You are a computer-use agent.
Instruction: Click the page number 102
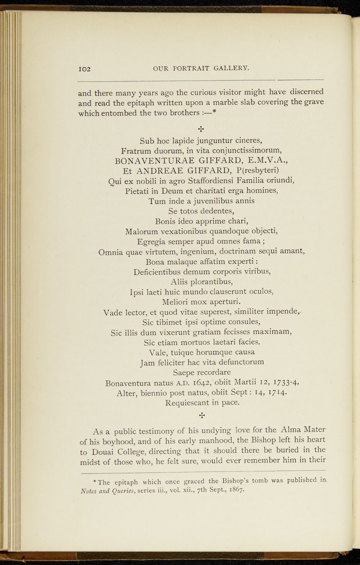coord(84,69)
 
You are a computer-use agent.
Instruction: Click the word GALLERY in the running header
coord(231,68)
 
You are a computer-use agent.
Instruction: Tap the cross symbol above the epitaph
coord(201,129)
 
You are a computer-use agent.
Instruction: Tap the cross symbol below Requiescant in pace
coord(202,415)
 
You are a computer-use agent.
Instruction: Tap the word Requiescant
coord(187,403)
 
